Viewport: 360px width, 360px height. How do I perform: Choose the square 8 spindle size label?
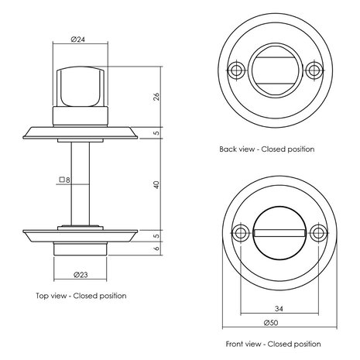click(64, 182)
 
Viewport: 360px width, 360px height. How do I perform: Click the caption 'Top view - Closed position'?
click(81, 295)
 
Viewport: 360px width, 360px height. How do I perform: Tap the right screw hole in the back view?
click(314, 71)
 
